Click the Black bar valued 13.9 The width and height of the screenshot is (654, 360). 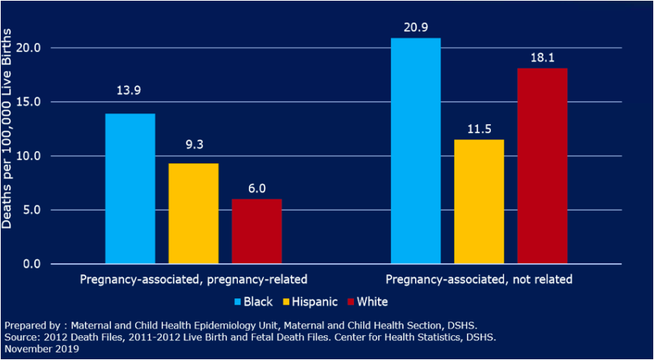point(130,189)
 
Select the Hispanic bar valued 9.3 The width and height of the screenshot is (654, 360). point(193,213)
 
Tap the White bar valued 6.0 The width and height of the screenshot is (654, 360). point(256,231)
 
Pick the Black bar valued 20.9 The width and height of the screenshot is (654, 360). point(416,150)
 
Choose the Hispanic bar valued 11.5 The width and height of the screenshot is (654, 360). point(479,201)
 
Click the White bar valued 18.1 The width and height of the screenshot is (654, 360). point(542,166)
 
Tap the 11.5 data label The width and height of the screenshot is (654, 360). point(479,127)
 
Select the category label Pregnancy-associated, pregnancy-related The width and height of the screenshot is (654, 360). point(194,280)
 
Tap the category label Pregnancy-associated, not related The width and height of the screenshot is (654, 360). point(479,280)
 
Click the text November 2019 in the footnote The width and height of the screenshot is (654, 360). point(41,349)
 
